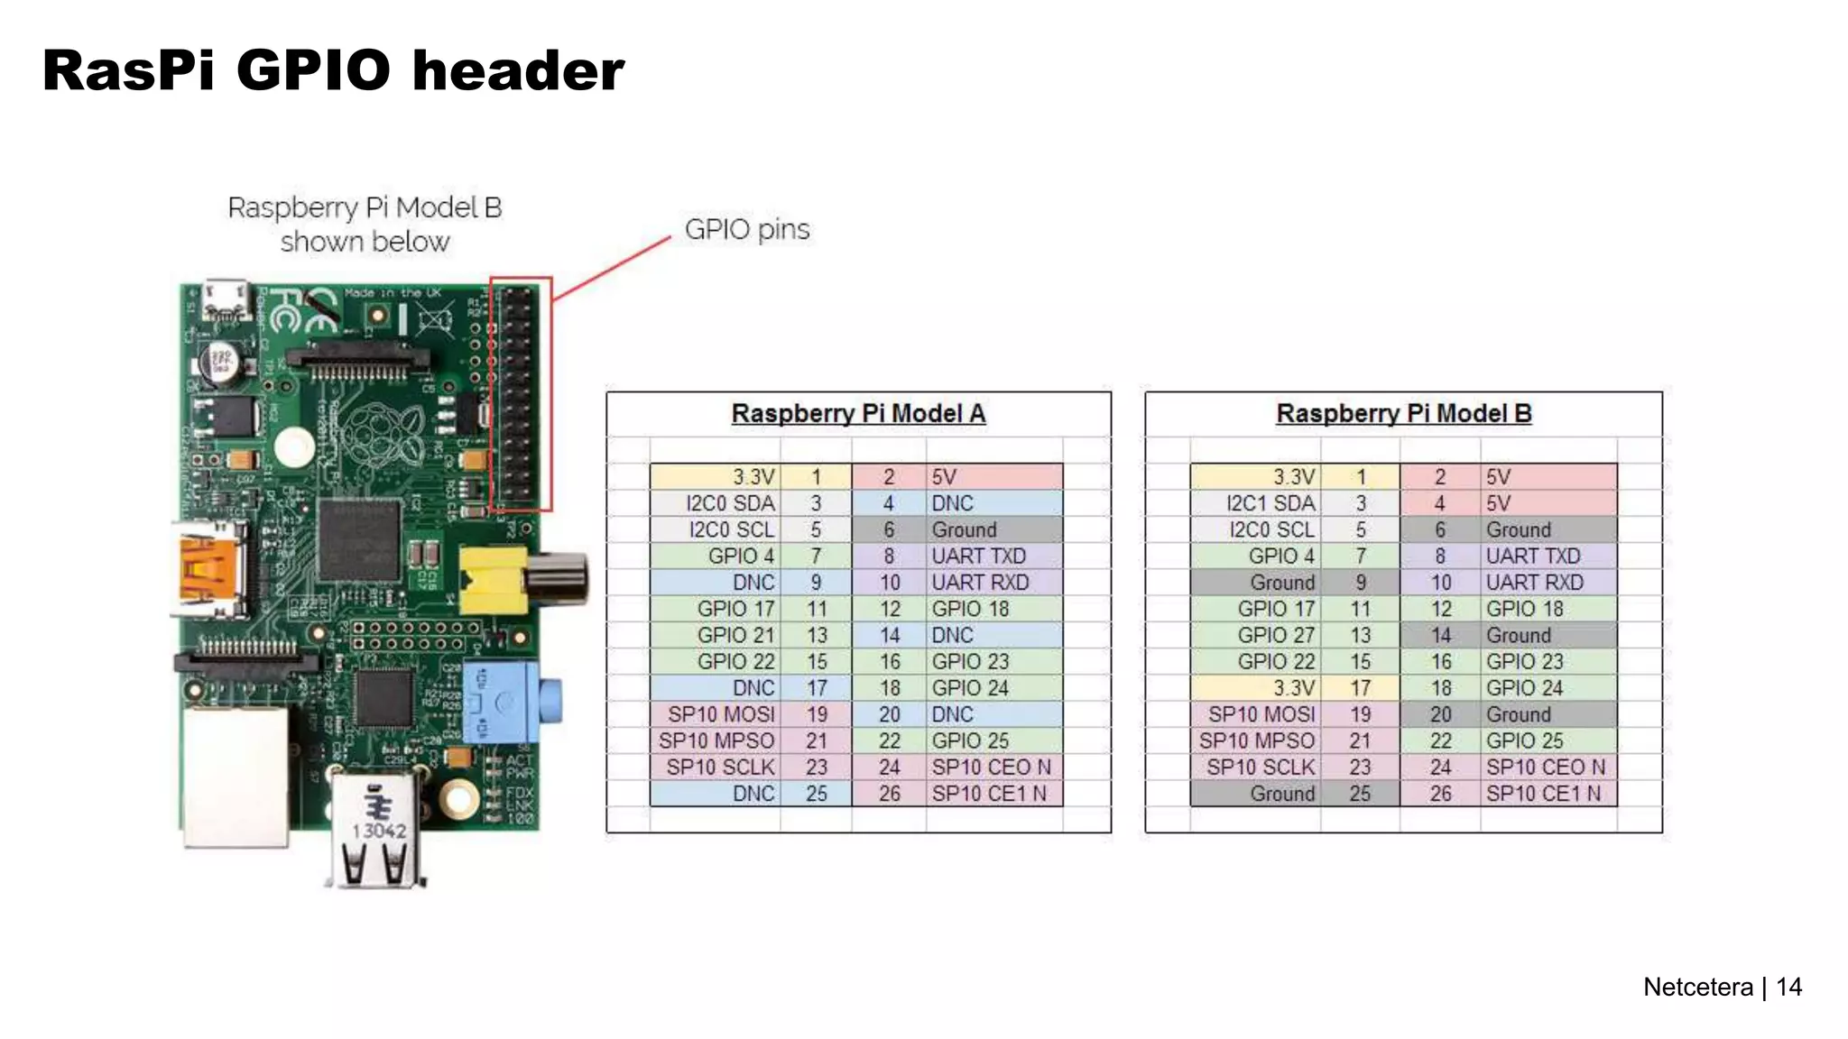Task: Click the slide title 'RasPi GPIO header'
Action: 333,70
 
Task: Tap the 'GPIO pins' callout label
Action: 746,229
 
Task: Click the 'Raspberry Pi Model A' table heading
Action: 857,413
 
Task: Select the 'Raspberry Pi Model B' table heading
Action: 1403,413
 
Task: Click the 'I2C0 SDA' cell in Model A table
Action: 729,503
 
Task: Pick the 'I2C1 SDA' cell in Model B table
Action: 1270,503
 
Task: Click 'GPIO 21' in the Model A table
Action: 735,635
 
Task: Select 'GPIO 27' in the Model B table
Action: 1275,635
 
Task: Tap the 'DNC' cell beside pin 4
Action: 952,503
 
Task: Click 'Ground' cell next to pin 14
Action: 1518,635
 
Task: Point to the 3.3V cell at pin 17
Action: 1293,688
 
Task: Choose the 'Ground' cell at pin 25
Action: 1281,794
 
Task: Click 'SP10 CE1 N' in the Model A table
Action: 989,794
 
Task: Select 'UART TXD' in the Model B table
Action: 1532,556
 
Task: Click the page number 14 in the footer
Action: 1788,987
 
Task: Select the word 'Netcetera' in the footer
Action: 1697,987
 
